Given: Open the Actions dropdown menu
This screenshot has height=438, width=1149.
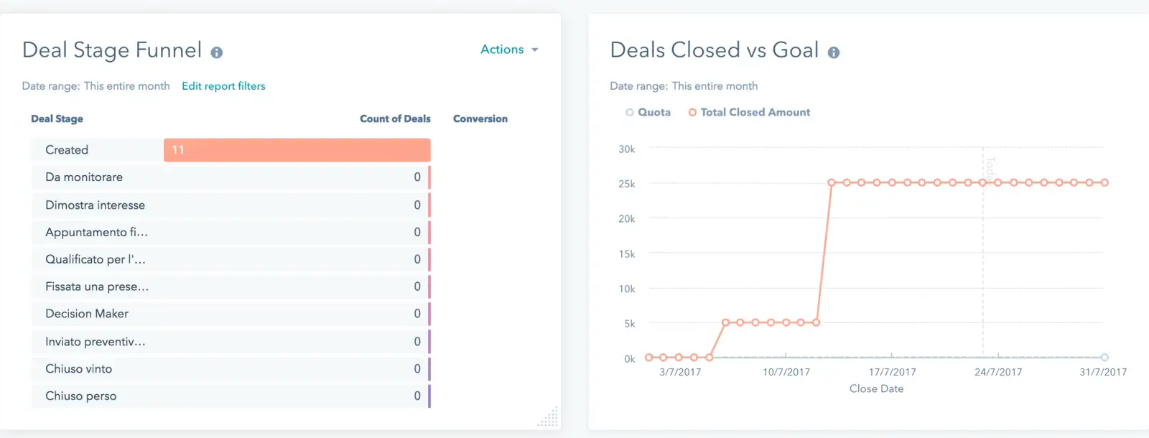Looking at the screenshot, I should [x=508, y=50].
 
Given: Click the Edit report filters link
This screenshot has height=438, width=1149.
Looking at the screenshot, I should [x=223, y=86].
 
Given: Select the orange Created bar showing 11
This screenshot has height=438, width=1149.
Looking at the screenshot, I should [x=297, y=150].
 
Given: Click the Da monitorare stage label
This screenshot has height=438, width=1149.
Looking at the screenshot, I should [x=84, y=177].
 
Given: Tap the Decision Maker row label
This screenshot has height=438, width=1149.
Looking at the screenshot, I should [x=87, y=314].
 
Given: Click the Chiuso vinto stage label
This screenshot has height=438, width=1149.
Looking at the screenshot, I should [x=79, y=369].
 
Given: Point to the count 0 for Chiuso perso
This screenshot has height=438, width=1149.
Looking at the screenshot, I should [x=417, y=396].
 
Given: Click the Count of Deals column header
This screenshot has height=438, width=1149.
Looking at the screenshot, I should [x=395, y=119].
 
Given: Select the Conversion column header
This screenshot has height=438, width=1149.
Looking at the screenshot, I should [x=480, y=119].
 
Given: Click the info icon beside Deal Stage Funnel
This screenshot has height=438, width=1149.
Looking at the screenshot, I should [x=216, y=52].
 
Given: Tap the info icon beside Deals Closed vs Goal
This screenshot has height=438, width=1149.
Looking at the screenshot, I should [x=833, y=52].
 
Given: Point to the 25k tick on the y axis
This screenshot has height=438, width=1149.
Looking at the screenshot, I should [x=626, y=184].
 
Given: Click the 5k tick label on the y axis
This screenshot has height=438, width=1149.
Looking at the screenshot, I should [x=629, y=324].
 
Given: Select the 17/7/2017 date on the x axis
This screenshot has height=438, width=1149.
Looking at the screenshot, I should [x=892, y=372].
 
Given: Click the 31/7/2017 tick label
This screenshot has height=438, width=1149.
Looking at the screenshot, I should [x=1103, y=372].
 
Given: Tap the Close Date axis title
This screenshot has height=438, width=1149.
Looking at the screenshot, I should [x=876, y=388].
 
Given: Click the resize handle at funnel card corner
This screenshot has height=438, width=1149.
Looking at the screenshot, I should [x=549, y=418].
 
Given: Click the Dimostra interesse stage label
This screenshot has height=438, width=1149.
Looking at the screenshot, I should [x=95, y=205].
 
